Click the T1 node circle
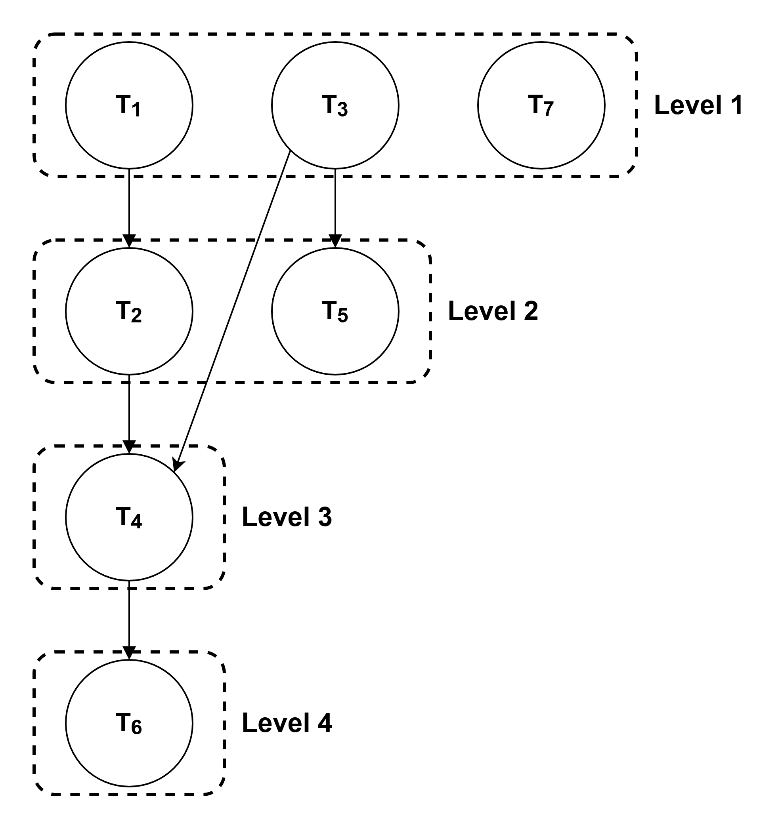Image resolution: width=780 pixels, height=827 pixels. tap(129, 105)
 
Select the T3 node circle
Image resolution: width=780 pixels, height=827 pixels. tap(335, 105)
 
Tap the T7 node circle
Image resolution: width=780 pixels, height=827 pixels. tap(541, 105)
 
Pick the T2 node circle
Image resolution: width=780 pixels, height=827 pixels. tap(129, 311)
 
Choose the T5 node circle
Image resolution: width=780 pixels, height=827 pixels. tap(335, 311)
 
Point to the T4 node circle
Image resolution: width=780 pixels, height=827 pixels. tap(129, 517)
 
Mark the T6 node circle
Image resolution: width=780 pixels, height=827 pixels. tap(129, 723)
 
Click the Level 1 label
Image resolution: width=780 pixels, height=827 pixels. tap(698, 105)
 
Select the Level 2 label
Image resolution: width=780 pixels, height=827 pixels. tap(493, 311)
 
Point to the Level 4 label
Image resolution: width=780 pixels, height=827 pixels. tap(287, 722)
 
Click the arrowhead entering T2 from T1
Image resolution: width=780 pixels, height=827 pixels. tap(129, 242)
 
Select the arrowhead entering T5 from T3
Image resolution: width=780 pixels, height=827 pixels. tap(335, 242)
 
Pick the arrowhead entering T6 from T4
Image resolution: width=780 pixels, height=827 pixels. tap(129, 654)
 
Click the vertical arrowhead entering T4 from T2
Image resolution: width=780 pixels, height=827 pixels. tap(129, 448)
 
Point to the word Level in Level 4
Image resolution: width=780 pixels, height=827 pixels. tap(275, 722)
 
